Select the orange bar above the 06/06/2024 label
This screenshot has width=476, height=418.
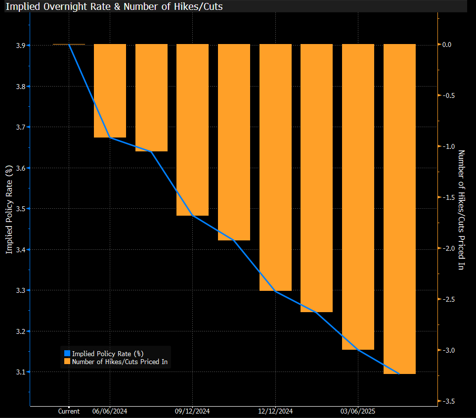pyautogui.click(x=110, y=91)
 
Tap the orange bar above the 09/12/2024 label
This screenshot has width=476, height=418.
pyautogui.click(x=192, y=130)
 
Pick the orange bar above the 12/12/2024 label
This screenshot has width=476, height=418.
pyautogui.click(x=275, y=167)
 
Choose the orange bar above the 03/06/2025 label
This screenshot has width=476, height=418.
pyautogui.click(x=358, y=197)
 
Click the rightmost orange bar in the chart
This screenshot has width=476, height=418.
pyautogui.click(x=399, y=209)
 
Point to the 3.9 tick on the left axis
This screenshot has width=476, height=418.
pyautogui.click(x=21, y=46)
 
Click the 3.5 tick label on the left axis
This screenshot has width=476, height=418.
pyautogui.click(x=21, y=209)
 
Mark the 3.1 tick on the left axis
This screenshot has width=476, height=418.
pyautogui.click(x=21, y=372)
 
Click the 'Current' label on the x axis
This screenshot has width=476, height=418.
pyautogui.click(x=69, y=412)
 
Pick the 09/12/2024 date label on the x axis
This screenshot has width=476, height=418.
pyautogui.click(x=192, y=412)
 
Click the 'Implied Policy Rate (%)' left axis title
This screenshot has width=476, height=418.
pyautogui.click(x=8, y=210)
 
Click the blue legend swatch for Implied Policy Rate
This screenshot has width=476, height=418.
pyautogui.click(x=67, y=353)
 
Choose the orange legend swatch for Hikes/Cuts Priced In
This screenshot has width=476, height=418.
pyautogui.click(x=67, y=362)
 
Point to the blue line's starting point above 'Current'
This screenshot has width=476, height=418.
pyautogui.click(x=69, y=45)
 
